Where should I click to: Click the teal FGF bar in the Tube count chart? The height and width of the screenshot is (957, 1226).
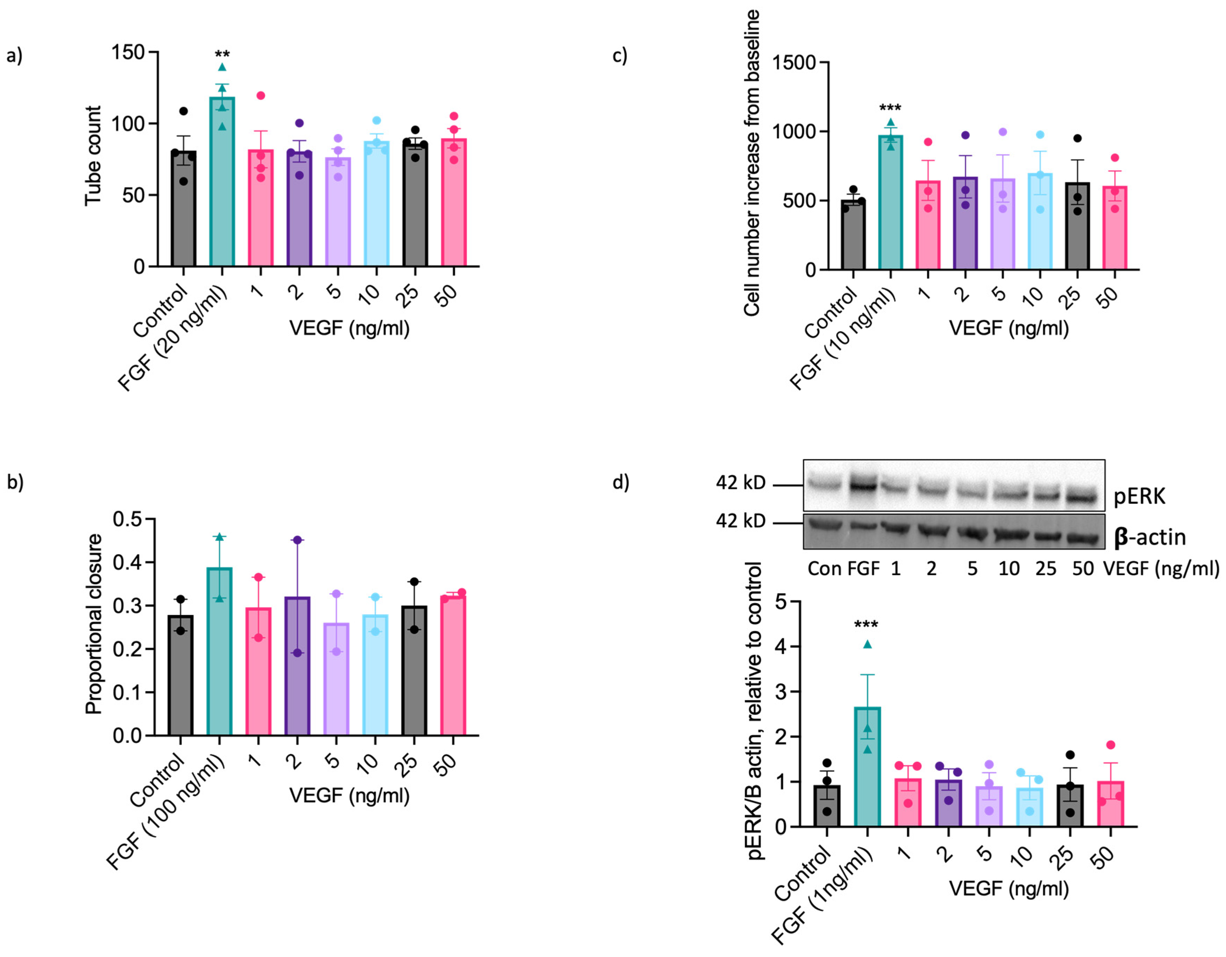222,185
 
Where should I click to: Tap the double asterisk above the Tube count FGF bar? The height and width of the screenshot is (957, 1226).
222,55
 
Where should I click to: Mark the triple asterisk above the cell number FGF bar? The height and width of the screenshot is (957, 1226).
890,108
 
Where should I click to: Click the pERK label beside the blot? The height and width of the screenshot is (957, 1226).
1139,496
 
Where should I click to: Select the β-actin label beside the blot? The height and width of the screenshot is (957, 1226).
1150,537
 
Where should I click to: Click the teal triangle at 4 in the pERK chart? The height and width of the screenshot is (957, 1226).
867,644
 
